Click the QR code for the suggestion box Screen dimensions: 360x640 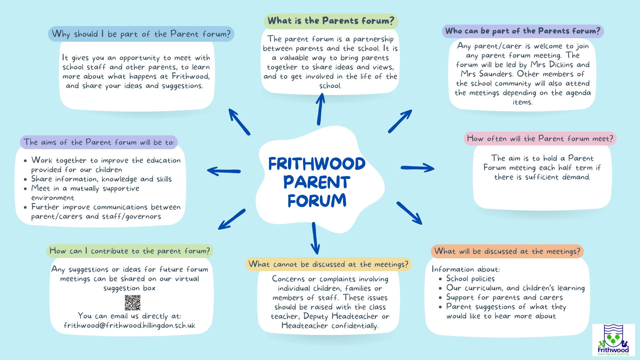[x=133, y=303]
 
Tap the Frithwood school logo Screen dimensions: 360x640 [x=613, y=340]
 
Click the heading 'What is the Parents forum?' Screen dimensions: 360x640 [x=331, y=21]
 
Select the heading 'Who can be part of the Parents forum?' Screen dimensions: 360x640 [x=522, y=31]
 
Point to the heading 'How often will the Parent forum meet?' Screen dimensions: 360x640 [x=540, y=139]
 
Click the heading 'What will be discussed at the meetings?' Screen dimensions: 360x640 [x=507, y=251]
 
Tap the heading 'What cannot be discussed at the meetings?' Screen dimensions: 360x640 [x=328, y=264]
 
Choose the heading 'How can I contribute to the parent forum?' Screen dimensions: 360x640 [x=130, y=251]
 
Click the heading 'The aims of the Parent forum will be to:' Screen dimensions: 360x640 [x=99, y=142]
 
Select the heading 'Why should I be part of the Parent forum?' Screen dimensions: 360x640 [x=141, y=34]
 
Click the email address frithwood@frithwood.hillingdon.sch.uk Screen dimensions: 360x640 [x=129, y=325]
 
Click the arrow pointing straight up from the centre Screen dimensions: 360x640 [x=320, y=109]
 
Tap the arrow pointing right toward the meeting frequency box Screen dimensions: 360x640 [x=418, y=168]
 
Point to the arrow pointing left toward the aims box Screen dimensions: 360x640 [x=224, y=171]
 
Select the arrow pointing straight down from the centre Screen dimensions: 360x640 [x=315, y=239]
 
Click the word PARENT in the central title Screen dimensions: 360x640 [x=317, y=182]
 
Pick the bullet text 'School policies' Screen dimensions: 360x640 [x=470, y=279]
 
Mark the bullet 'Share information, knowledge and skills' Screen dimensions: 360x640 [x=101, y=179]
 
